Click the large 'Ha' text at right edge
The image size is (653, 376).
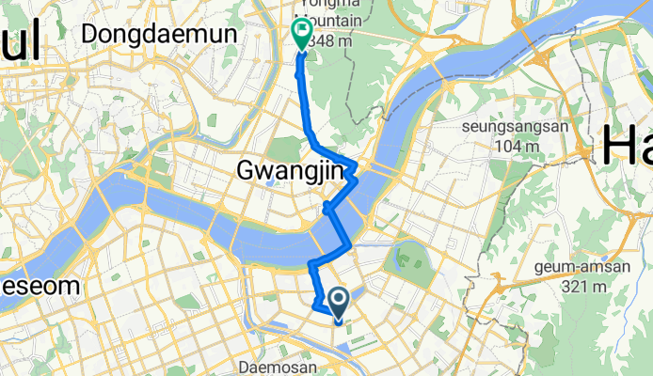pyautogui.click(x=625, y=146)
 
